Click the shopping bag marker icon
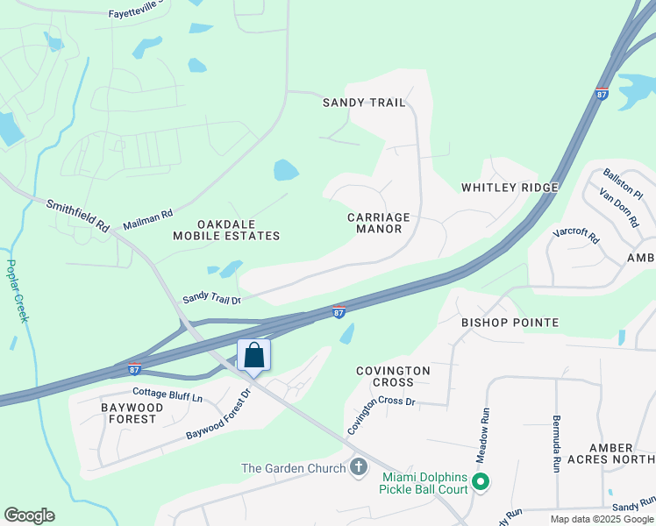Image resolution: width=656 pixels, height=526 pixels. (x=254, y=355)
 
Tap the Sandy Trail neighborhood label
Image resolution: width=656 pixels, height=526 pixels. (x=364, y=103)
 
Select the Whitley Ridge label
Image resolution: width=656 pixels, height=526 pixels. (x=510, y=188)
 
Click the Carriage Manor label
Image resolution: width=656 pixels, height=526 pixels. (x=379, y=223)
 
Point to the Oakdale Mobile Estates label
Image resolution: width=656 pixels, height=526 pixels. (x=226, y=230)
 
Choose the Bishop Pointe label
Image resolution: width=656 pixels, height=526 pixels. (x=510, y=323)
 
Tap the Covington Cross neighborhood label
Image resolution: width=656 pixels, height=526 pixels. (x=393, y=376)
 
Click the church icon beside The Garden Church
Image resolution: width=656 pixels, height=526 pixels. (x=358, y=467)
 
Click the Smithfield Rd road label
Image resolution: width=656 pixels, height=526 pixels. (x=77, y=215)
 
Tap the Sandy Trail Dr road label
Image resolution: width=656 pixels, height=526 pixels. (x=211, y=299)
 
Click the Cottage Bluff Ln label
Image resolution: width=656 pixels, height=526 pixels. (x=167, y=395)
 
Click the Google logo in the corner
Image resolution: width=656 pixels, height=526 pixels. (x=29, y=515)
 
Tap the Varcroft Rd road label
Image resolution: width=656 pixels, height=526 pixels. (x=576, y=237)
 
